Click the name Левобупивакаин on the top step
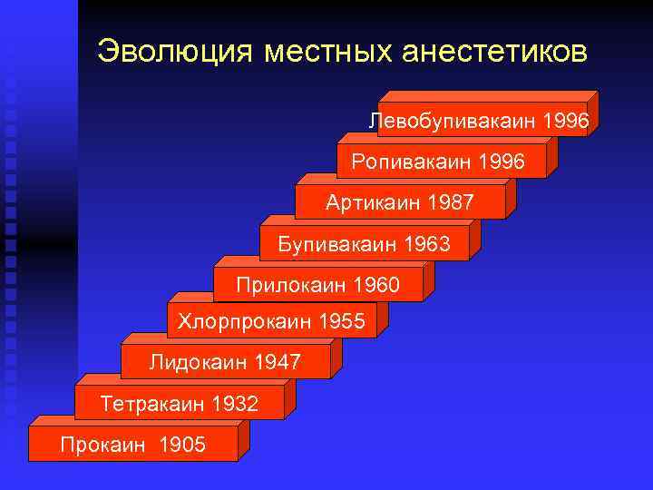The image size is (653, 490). click(453, 121)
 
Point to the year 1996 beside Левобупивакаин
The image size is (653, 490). click(566, 121)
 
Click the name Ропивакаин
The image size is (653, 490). click(405, 162)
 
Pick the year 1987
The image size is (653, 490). click(451, 202)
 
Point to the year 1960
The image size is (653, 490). click(375, 286)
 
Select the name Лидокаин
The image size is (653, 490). click(198, 363)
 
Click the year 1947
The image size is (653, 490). click(278, 363)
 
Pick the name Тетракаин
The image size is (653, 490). click(152, 403)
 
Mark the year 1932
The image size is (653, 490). click(235, 403)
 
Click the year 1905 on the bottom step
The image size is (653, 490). click(182, 444)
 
